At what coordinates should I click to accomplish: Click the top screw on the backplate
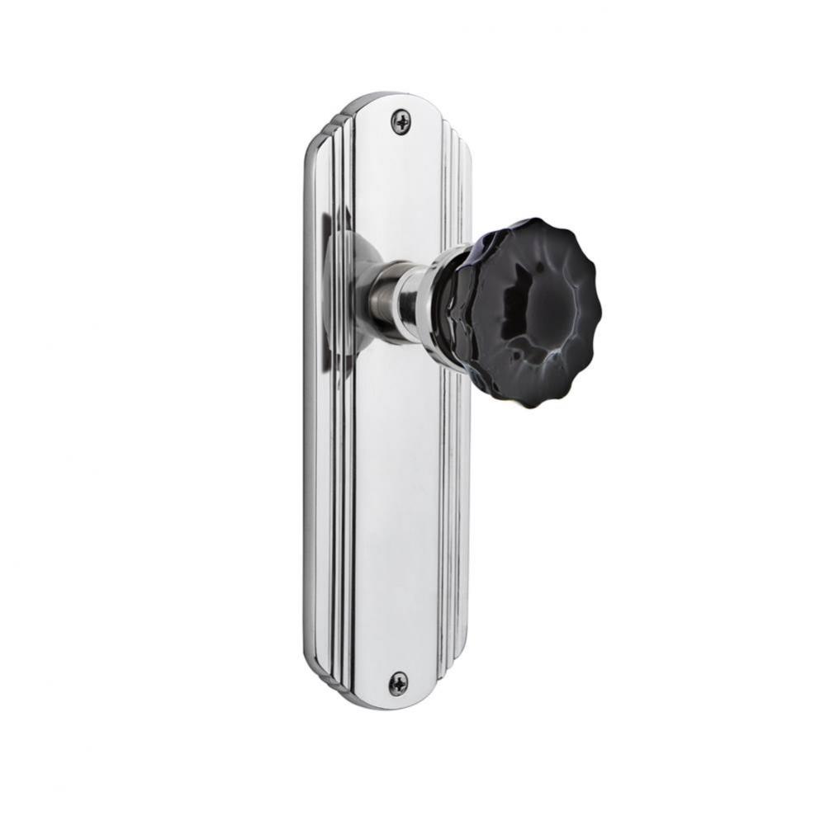pos(401,122)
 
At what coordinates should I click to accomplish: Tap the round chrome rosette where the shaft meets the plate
pos(351,293)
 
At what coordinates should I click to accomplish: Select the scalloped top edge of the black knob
pos(529,226)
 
